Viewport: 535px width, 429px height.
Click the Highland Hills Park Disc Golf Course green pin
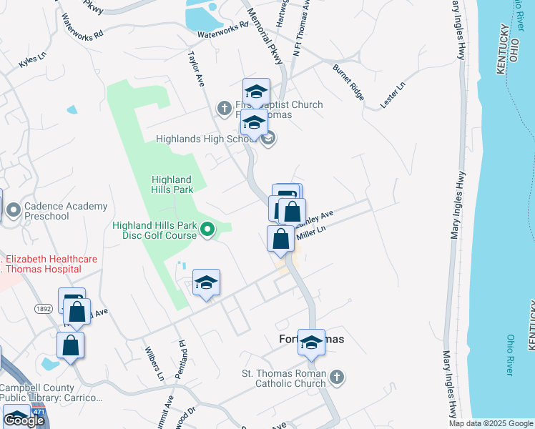(x=207, y=230)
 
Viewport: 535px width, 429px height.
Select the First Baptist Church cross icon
(x=224, y=109)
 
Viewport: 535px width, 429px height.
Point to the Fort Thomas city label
(x=310, y=340)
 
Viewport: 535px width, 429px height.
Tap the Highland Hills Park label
(x=172, y=184)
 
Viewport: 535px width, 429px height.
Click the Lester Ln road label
(x=393, y=94)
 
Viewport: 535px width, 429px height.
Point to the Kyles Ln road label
(x=33, y=62)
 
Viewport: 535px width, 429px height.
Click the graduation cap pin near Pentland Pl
(x=206, y=283)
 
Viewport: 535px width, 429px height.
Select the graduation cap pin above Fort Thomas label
(x=311, y=342)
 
